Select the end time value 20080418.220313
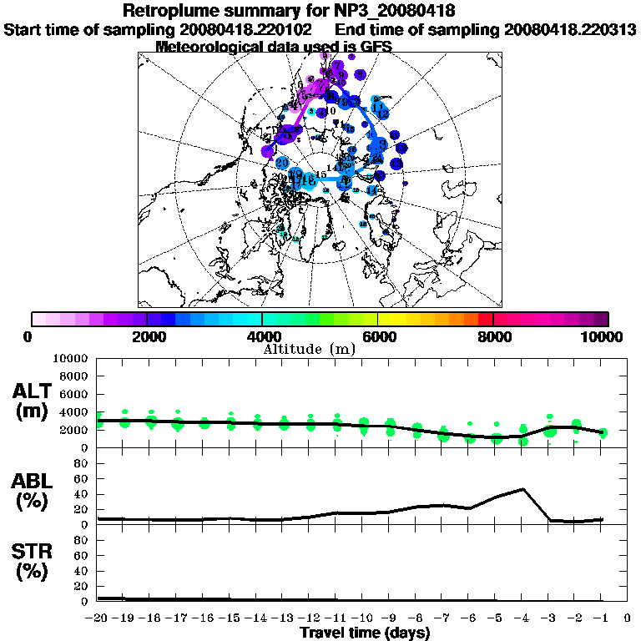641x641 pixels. tap(570, 29)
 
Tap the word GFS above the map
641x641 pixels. tap(376, 47)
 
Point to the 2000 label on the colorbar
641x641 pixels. tap(146, 336)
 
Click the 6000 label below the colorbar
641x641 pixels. tap(377, 336)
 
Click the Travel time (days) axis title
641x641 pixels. tap(365, 633)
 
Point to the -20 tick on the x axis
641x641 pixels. tap(98, 618)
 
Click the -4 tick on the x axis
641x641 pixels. tap(522, 618)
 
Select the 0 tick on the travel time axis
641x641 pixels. tap(627, 618)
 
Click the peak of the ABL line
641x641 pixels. tap(522, 489)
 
